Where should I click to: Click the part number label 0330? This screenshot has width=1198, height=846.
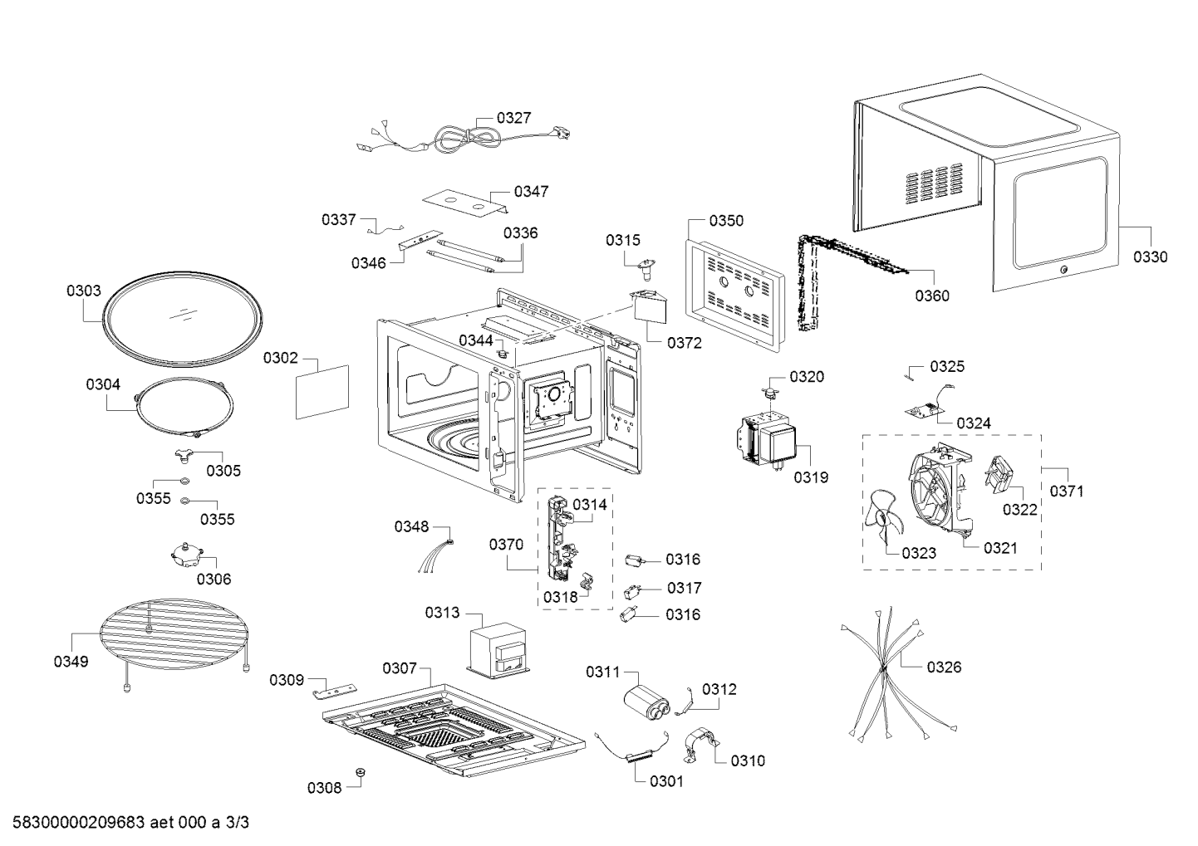click(x=1151, y=257)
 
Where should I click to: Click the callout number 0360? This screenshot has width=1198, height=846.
click(x=932, y=296)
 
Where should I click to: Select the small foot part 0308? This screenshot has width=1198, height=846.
click(x=360, y=772)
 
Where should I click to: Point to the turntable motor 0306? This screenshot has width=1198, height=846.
click(x=188, y=555)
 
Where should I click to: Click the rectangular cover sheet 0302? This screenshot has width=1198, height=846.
click(x=322, y=392)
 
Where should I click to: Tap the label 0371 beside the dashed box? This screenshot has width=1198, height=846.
click(x=1067, y=491)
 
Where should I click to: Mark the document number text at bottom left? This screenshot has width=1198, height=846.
click(x=130, y=823)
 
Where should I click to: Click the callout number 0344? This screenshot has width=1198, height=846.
click(x=476, y=340)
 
